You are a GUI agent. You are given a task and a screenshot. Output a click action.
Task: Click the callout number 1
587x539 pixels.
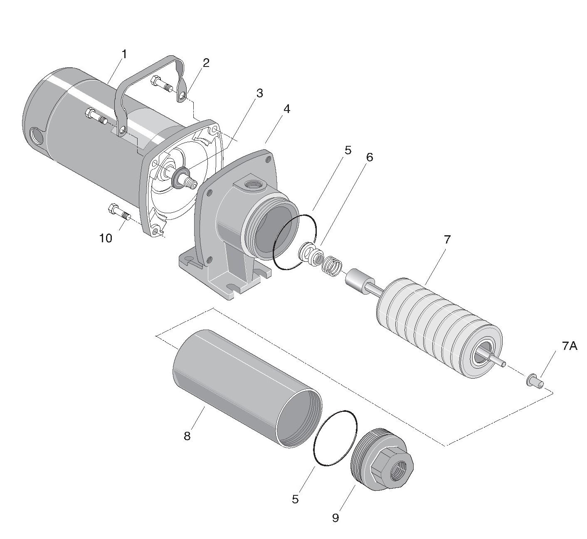click(x=124, y=54)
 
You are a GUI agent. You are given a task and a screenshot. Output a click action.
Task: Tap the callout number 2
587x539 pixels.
click(x=206, y=63)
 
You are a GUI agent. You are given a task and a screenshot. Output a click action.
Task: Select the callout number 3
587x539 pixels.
click(x=259, y=93)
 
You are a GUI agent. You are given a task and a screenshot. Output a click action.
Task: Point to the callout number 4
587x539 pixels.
click(x=286, y=109)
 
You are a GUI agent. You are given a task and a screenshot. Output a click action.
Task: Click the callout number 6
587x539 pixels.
click(x=369, y=157)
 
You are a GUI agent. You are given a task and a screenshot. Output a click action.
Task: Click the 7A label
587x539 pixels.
click(x=570, y=346)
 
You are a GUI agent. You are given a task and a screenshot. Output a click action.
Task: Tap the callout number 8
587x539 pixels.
click(x=187, y=436)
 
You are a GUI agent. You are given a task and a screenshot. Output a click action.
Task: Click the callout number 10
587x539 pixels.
click(x=106, y=238)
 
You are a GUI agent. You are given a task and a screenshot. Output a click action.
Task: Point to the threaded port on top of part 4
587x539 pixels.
click(x=251, y=184)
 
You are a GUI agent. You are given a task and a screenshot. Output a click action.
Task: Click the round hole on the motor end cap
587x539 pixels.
click(x=37, y=135)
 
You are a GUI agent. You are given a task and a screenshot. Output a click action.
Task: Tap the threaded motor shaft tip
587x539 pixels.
click(x=192, y=182)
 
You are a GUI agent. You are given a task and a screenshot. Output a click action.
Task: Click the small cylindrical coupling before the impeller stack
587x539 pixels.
click(x=358, y=282)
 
